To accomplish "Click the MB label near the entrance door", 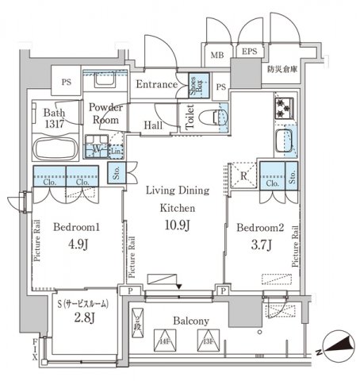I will (x=216, y=55).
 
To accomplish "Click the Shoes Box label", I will (x=194, y=85).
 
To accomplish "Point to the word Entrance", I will (x=155, y=84).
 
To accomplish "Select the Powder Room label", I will (x=105, y=114).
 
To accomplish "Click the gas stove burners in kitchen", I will (x=283, y=109).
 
